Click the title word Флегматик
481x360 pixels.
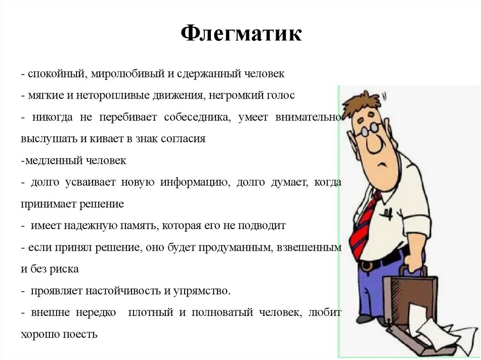(x=241, y=34)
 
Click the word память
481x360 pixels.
(x=137, y=226)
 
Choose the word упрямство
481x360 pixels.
(x=204, y=291)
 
